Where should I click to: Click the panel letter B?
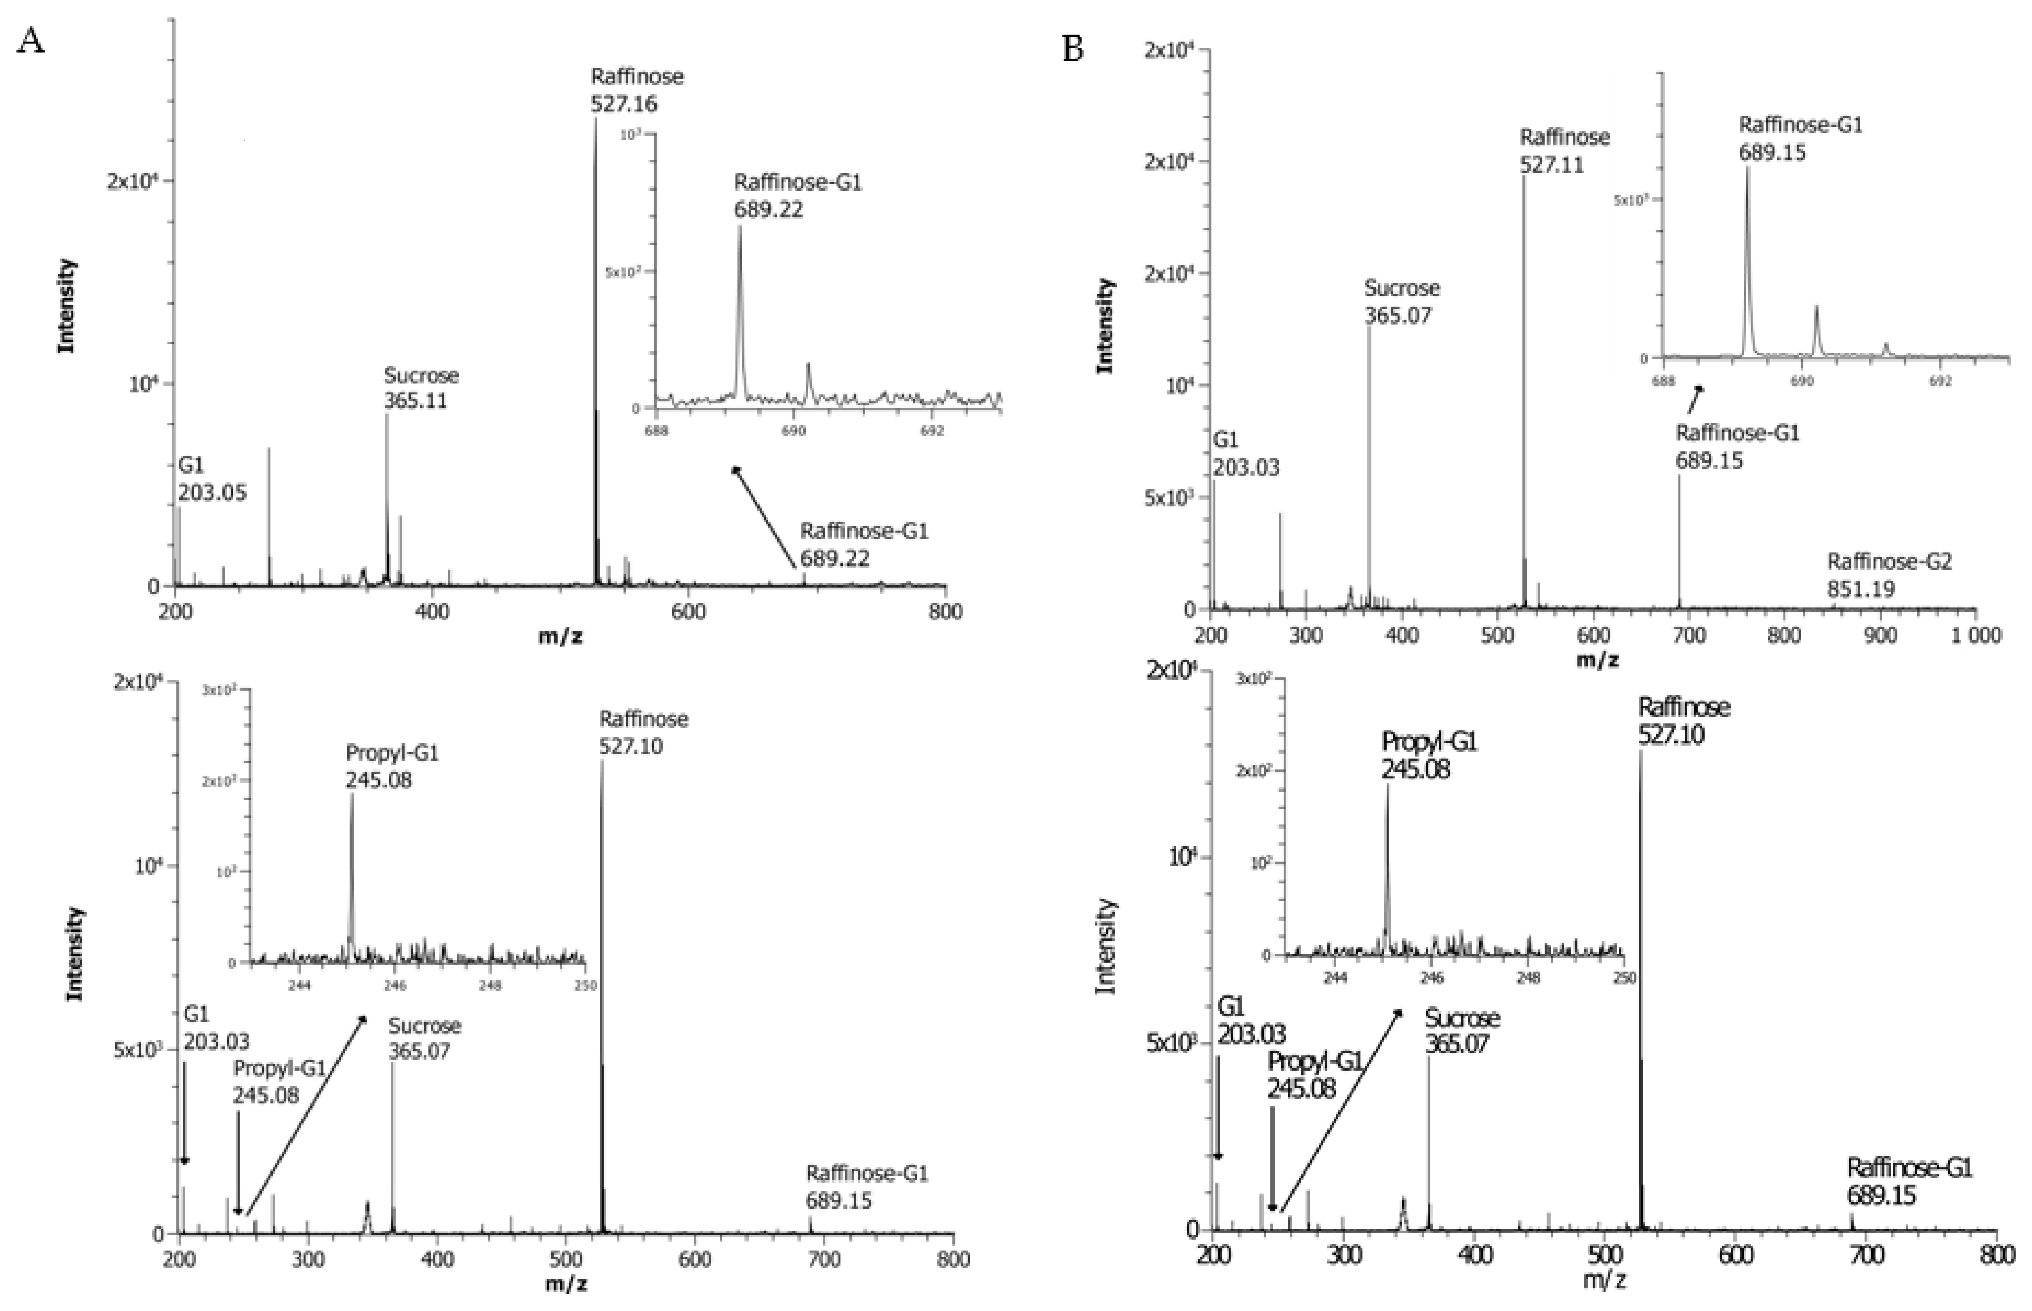pyautogui.click(x=1073, y=50)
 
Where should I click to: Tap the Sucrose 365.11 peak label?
pyautogui.click(x=420, y=387)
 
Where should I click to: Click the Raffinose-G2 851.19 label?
pyautogui.click(x=1889, y=575)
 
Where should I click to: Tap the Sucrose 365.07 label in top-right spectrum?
pyautogui.click(x=1402, y=301)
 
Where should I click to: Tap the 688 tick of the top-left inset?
pyautogui.click(x=656, y=431)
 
